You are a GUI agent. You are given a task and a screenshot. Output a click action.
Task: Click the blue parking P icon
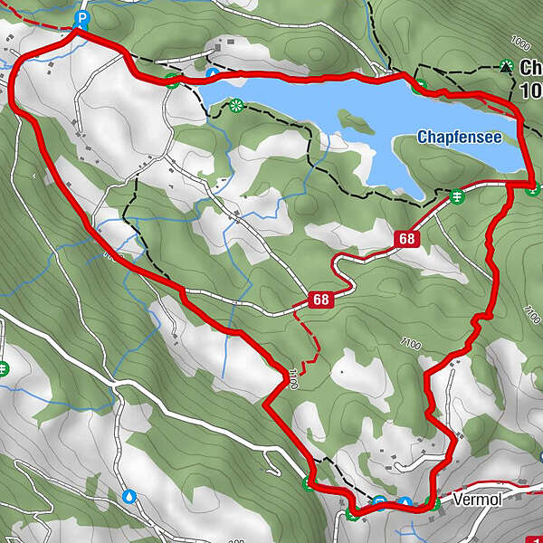81,18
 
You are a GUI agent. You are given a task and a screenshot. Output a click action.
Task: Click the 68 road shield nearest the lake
405,238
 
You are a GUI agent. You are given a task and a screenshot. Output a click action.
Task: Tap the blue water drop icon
130,496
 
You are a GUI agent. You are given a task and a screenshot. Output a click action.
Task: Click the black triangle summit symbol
505,65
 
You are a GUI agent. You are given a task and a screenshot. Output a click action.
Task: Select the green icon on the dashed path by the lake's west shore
237,105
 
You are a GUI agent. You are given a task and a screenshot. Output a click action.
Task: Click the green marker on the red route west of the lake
171,81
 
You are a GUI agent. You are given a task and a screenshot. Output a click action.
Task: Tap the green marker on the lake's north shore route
420,87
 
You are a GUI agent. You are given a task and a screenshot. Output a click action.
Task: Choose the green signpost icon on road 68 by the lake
458,196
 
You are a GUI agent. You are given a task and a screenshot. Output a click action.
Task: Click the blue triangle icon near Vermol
405,503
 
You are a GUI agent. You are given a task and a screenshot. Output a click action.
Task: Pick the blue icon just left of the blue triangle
381,503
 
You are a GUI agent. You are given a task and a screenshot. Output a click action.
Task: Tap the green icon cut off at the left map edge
3,368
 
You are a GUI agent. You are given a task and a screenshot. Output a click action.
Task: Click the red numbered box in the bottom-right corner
537,535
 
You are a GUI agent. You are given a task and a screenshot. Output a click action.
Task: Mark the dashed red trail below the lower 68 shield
312,348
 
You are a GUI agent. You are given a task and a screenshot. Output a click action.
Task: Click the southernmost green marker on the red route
351,515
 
